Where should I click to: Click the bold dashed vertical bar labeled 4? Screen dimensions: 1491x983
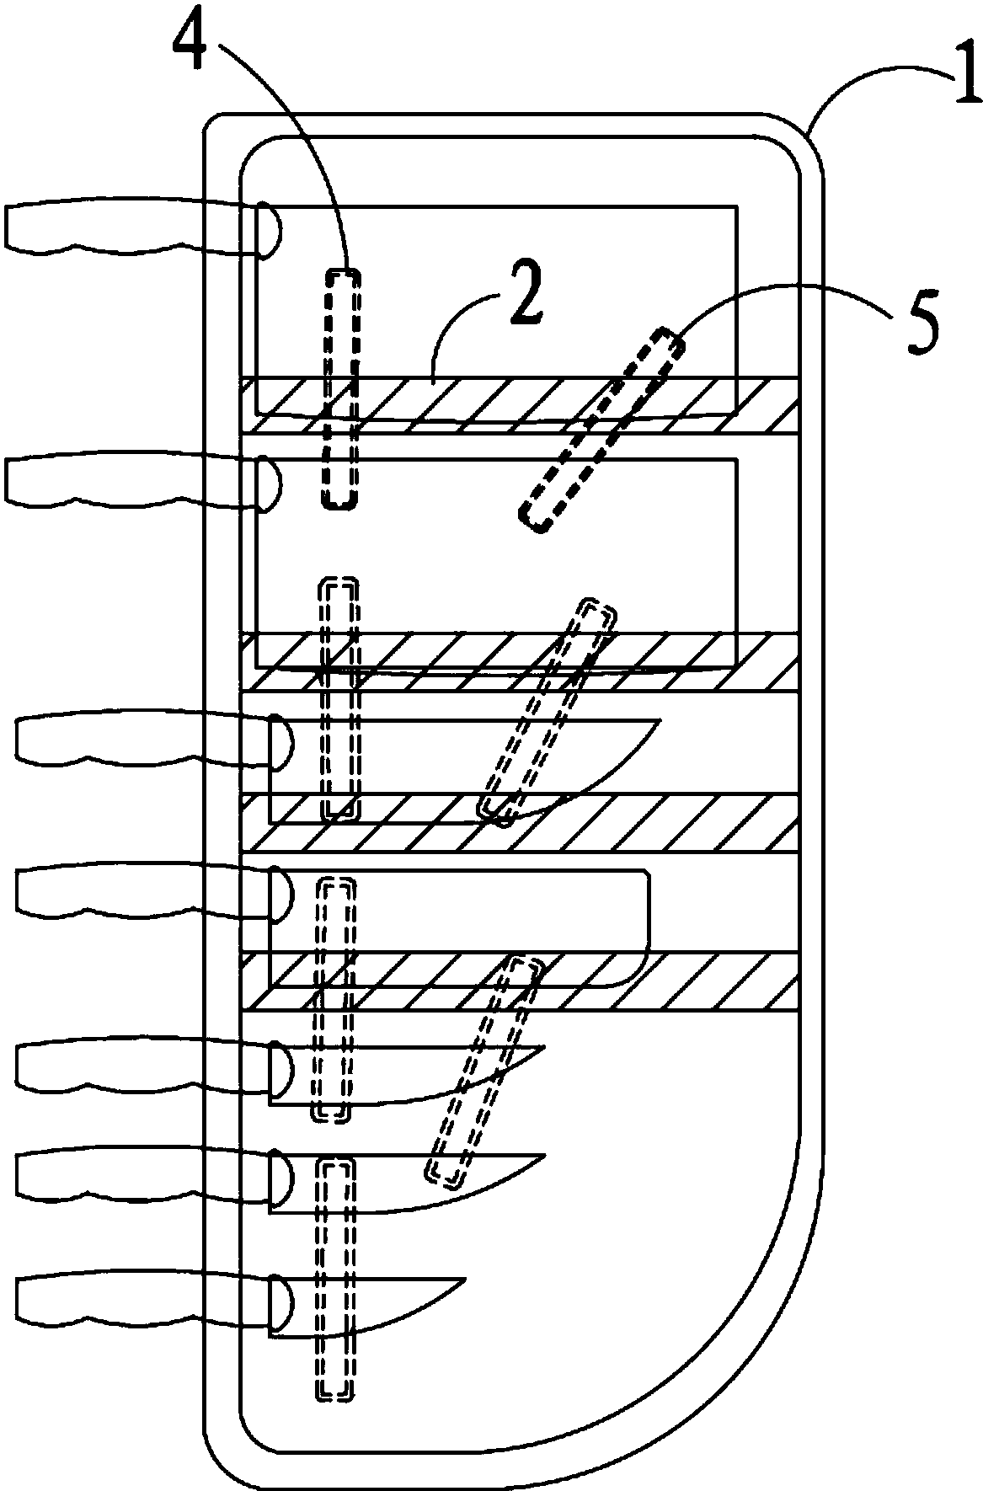point(341,388)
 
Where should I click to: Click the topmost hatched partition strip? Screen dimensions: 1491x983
point(518,405)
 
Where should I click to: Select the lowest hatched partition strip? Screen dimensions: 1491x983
point(518,981)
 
